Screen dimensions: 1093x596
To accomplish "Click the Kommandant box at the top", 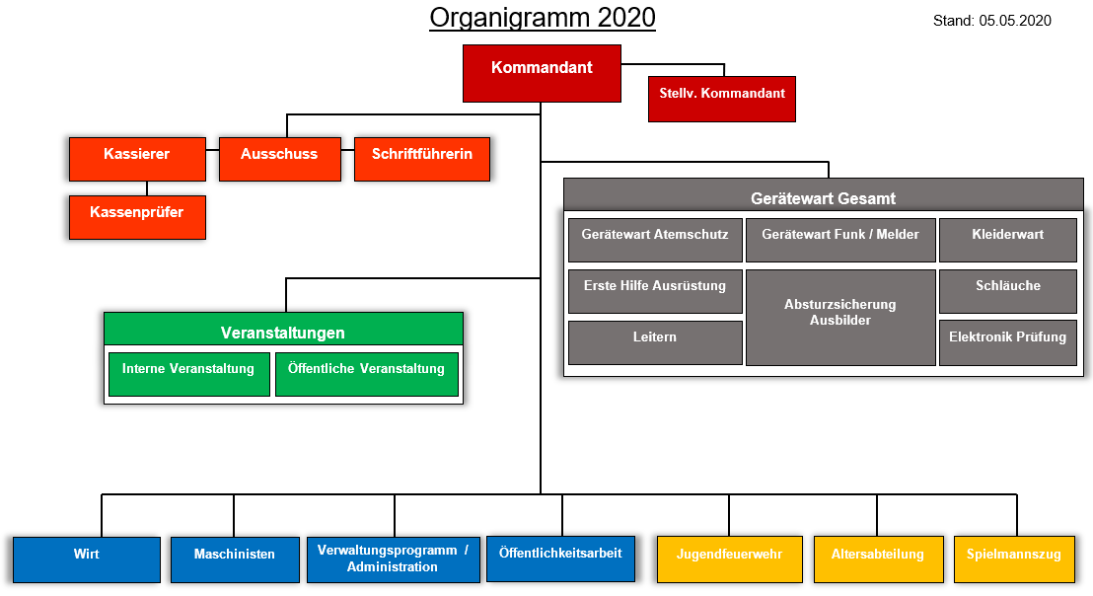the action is (542, 73).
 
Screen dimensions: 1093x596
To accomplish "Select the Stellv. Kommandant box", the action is (721, 99).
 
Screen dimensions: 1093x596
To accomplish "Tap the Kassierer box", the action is (137, 159).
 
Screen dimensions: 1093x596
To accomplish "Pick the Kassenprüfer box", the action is (137, 217).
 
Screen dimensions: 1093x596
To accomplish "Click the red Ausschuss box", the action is (279, 159).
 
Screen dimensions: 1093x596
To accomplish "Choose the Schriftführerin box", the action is (422, 159).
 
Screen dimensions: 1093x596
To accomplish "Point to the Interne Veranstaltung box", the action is (188, 374).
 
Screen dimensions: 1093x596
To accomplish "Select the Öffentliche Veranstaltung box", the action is (367, 374).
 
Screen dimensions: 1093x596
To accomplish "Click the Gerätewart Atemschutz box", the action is (655, 240).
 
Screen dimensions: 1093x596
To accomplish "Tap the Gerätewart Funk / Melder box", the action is (840, 240).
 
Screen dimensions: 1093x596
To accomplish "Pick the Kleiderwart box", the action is (1008, 240).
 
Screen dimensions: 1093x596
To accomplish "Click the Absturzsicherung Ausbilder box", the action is (840, 317).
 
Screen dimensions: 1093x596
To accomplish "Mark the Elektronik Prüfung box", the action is (1008, 342).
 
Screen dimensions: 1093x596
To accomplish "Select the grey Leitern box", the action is (655, 342).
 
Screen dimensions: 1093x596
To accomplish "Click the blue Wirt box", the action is (87, 559).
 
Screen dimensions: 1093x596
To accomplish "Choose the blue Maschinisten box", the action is (235, 559).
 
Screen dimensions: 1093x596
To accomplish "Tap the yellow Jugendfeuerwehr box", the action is (730, 559).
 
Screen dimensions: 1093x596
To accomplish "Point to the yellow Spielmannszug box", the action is (1014, 559).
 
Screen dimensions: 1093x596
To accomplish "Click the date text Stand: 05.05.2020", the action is (992, 21).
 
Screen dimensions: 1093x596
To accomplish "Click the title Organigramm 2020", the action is (543, 18).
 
